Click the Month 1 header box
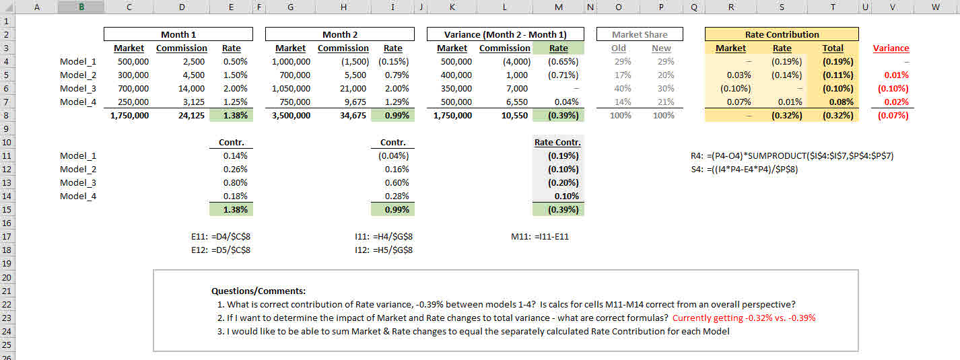pos(178,34)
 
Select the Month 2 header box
pos(340,34)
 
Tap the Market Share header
pos(640,34)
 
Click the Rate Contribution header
pos(782,34)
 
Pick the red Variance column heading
pos(891,48)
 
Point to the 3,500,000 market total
pos(291,116)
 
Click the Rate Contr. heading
pos(557,143)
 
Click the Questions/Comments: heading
pos(259,291)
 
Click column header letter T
pos(833,7)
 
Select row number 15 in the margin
pos(7,210)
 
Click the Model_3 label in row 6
pos(78,89)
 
